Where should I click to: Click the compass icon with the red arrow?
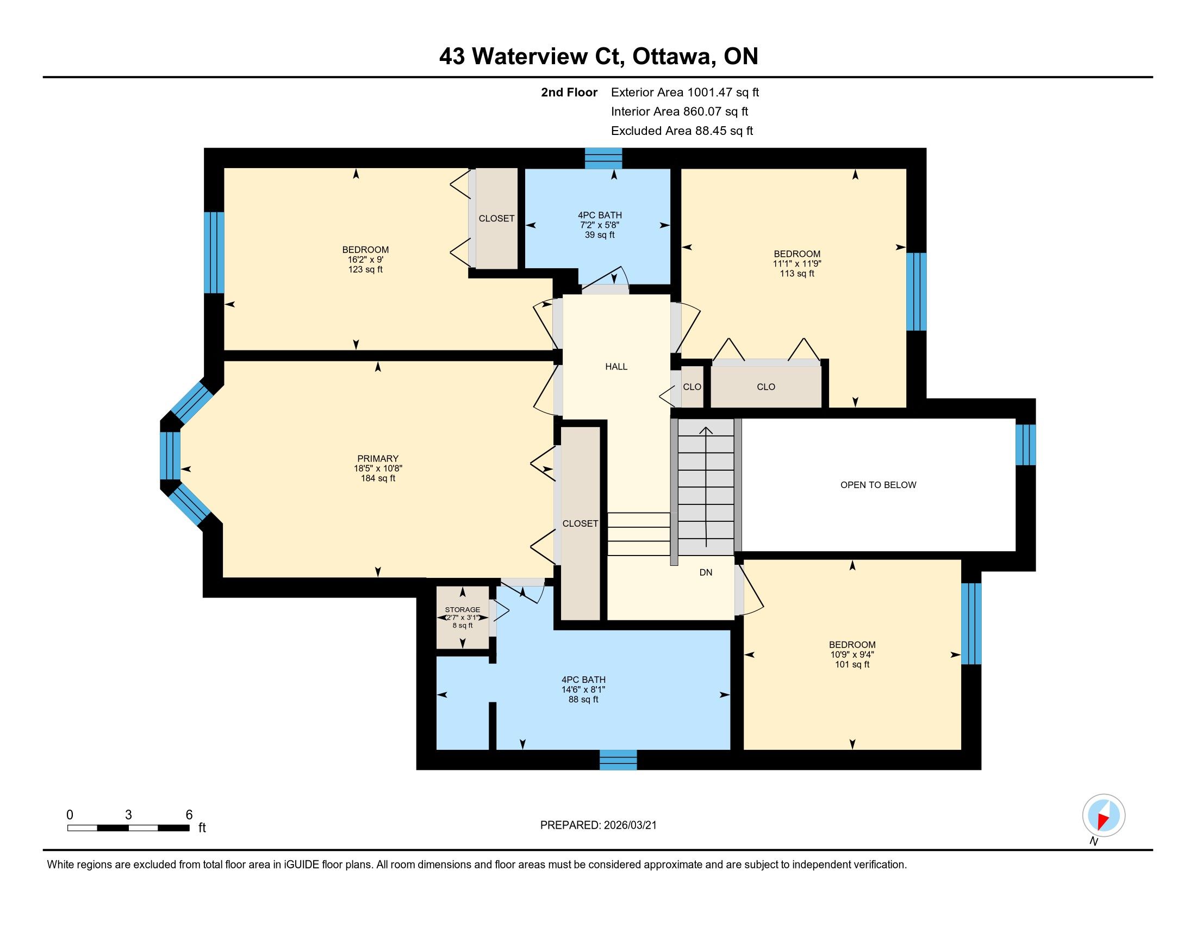[1104, 815]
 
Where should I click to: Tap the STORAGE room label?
[462, 609]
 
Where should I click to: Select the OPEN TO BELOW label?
[878, 484]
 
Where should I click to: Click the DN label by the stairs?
[705, 572]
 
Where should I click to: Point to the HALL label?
[616, 367]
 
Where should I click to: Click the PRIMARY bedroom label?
[377, 459]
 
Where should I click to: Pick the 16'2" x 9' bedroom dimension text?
[365, 260]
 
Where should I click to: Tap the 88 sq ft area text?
[583, 700]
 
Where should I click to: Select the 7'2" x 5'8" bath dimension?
[599, 225]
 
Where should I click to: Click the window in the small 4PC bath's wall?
[603, 158]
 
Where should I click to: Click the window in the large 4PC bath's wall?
[618, 760]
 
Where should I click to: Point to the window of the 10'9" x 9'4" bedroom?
[971, 624]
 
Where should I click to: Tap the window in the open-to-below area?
[1026, 445]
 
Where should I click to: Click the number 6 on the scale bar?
[189, 815]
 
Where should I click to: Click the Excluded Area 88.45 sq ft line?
[682, 131]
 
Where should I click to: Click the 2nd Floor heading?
[569, 92]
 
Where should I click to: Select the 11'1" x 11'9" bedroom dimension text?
[797, 263]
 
